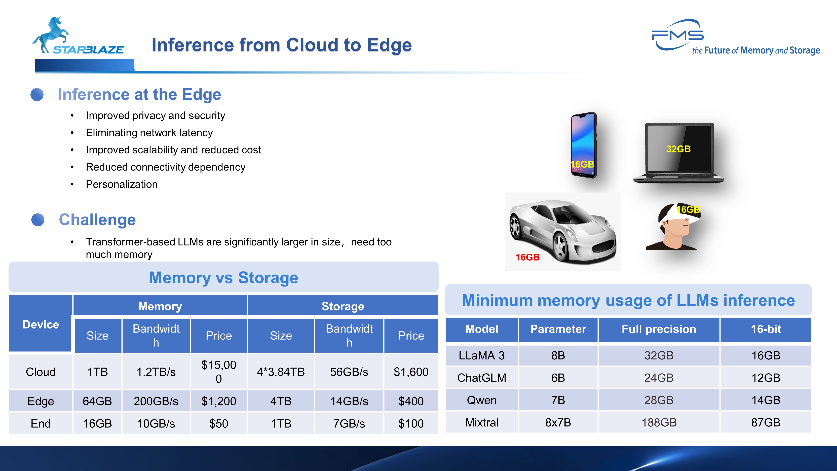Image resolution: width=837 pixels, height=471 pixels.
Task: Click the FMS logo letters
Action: coord(678,35)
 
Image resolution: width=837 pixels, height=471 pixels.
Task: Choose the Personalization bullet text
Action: coord(122,184)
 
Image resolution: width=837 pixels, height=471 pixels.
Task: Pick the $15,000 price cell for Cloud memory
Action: coord(219,372)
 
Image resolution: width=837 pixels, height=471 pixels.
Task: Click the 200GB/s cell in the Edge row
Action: coord(156,401)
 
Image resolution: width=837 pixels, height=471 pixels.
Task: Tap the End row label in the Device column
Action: coord(41,424)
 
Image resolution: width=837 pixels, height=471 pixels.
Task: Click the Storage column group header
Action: coord(343,306)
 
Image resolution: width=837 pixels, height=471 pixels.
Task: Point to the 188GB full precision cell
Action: coord(659,422)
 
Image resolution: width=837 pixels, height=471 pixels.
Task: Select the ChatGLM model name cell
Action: coord(482,378)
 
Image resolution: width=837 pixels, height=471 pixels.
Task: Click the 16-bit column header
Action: coord(766,329)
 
